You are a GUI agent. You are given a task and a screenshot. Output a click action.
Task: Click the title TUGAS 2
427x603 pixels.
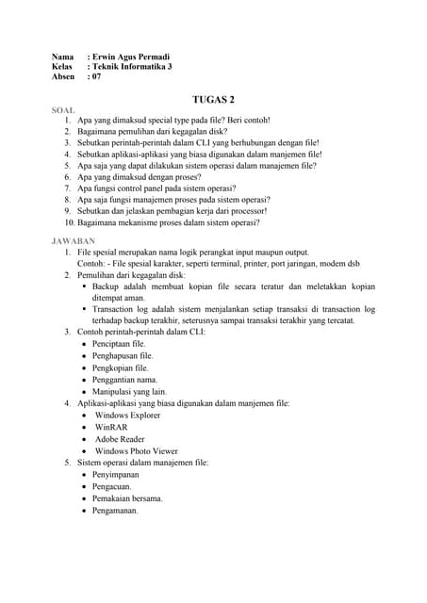click(x=213, y=98)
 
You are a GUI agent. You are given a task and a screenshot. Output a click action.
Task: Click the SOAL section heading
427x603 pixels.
click(x=64, y=110)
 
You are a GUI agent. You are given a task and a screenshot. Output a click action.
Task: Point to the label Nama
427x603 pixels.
click(x=62, y=57)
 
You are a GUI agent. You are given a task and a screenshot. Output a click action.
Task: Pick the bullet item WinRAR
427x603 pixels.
click(x=112, y=427)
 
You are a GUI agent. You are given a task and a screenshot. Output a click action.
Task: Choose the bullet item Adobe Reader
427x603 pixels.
click(x=119, y=439)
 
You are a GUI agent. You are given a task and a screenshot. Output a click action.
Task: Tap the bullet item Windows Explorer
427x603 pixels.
click(x=127, y=415)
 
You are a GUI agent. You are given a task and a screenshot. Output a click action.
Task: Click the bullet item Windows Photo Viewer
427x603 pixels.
click(x=136, y=451)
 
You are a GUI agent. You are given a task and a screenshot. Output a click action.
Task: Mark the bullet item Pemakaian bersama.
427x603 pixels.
click(x=127, y=498)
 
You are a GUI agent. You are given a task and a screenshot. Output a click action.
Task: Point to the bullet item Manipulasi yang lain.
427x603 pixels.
click(x=129, y=391)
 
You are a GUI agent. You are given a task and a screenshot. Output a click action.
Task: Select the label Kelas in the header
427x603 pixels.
click(x=62, y=67)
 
